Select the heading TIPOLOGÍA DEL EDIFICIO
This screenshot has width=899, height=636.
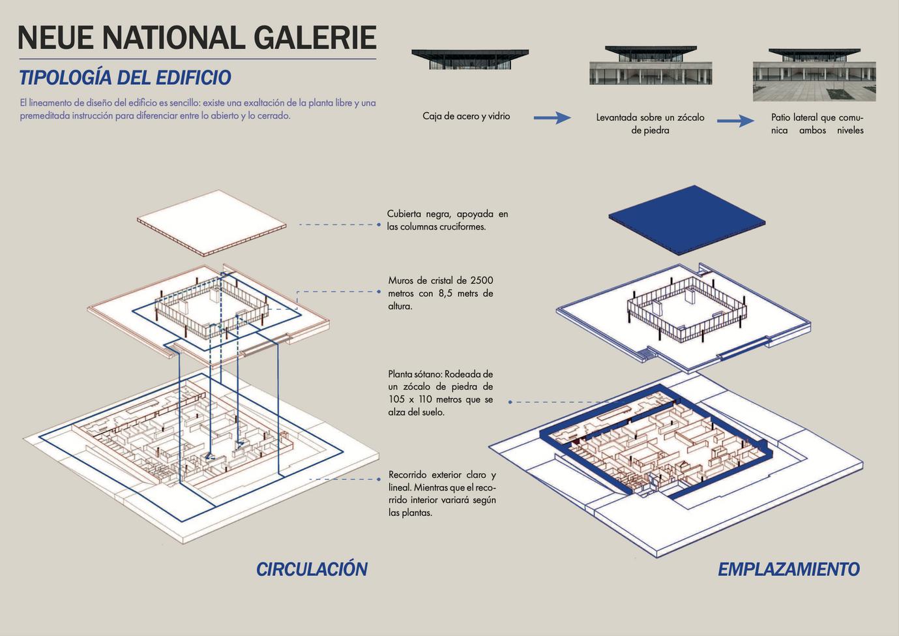pos(125,78)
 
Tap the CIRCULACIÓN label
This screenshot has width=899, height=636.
pos(312,569)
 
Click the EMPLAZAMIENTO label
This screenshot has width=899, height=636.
pos(788,569)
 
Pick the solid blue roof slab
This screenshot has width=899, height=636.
pos(686,220)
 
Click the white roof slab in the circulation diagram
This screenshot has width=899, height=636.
pos(212,224)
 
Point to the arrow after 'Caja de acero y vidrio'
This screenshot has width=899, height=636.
pos(552,118)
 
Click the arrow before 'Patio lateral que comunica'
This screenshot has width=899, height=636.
pos(735,121)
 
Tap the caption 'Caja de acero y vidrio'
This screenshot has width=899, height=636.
pos(466,116)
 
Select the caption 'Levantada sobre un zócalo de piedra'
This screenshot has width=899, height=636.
pos(650,124)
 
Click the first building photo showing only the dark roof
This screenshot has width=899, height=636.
pos(470,59)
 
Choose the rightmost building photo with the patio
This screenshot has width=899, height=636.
pos(814,74)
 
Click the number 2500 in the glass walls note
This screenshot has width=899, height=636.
pos(482,280)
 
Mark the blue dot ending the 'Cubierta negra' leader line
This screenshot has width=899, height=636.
pos(379,224)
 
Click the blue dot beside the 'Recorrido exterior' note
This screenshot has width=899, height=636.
pos(379,479)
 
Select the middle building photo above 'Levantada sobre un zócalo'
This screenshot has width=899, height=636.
pos(650,65)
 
